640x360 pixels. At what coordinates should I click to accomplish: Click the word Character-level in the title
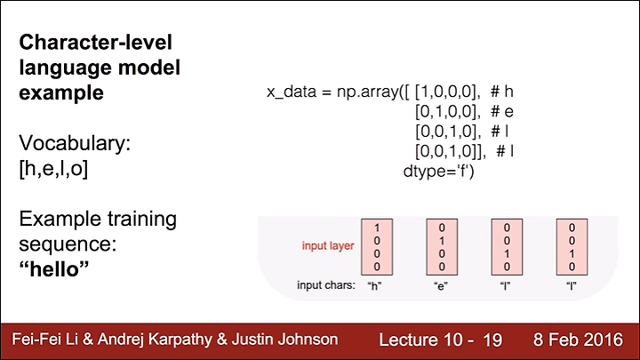pos(95,43)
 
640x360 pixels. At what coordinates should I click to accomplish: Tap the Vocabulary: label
pos(75,143)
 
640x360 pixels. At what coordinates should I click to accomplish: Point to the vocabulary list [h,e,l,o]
pos(53,169)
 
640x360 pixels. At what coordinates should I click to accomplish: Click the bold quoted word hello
pos(54,269)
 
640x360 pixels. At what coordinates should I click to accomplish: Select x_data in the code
pos(292,92)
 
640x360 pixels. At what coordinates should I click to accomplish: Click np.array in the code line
pos(368,92)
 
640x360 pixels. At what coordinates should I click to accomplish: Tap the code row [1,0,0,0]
pos(446,92)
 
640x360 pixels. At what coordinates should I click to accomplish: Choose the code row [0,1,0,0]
pos(446,111)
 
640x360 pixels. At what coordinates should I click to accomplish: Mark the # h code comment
pos(501,92)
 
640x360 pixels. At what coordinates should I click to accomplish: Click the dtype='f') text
pos(439,171)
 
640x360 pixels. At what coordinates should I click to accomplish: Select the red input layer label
pos(328,245)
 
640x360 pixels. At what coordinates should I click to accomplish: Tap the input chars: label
pos(326,285)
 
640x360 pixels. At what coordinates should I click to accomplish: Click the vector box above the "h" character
pos(377,247)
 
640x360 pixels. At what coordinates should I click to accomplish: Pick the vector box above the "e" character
pos(442,247)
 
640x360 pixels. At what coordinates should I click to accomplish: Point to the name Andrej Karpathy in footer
pos(155,340)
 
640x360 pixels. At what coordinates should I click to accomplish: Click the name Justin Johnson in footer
pos(284,340)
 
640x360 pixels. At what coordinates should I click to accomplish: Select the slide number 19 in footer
pos(492,340)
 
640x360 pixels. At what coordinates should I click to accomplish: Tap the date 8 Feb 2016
pos(578,340)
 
